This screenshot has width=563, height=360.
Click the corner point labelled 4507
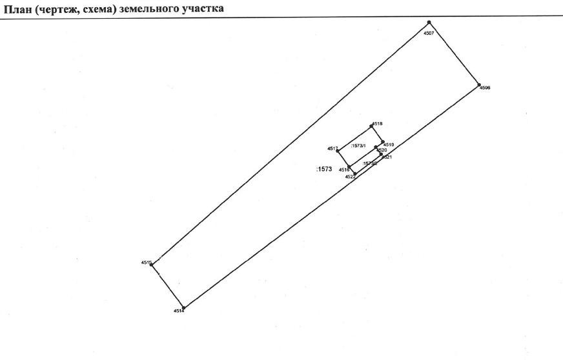[429, 23]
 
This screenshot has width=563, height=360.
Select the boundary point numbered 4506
[478, 84]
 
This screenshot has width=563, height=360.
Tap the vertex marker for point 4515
[152, 265]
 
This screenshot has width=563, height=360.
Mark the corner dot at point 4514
[183, 308]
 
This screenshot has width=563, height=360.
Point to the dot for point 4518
[371, 126]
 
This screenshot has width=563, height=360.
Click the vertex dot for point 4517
[338, 151]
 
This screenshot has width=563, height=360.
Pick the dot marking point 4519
[383, 142]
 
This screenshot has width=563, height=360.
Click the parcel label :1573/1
[358, 146]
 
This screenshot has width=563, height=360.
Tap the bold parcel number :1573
[324, 169]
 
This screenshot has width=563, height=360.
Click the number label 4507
[429, 32]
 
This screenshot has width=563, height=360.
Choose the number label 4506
[486, 88]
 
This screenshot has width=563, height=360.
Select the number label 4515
[145, 262]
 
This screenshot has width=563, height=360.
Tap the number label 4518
[378, 123]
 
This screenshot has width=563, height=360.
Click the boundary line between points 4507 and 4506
[454, 54]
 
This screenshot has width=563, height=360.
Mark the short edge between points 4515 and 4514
[167, 286]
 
